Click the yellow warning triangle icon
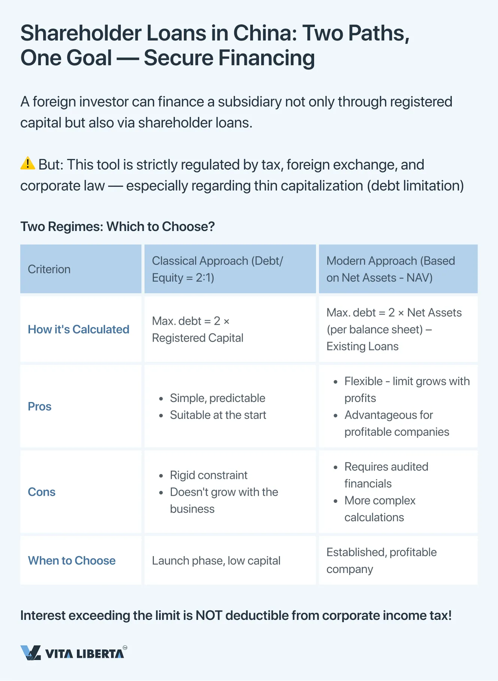tap(28, 163)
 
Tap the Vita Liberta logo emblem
tap(30, 653)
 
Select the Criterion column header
tap(49, 269)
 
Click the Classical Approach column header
tap(217, 269)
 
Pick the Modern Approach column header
tap(390, 269)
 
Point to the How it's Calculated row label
tap(78, 329)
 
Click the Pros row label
tap(40, 406)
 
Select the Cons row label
tap(42, 492)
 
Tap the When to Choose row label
tap(72, 561)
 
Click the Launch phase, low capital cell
tap(216, 561)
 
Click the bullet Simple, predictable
tap(217, 398)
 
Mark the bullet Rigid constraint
tap(209, 475)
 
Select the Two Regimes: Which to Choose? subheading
tap(117, 226)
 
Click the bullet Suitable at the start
tap(218, 415)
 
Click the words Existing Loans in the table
tap(363, 346)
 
